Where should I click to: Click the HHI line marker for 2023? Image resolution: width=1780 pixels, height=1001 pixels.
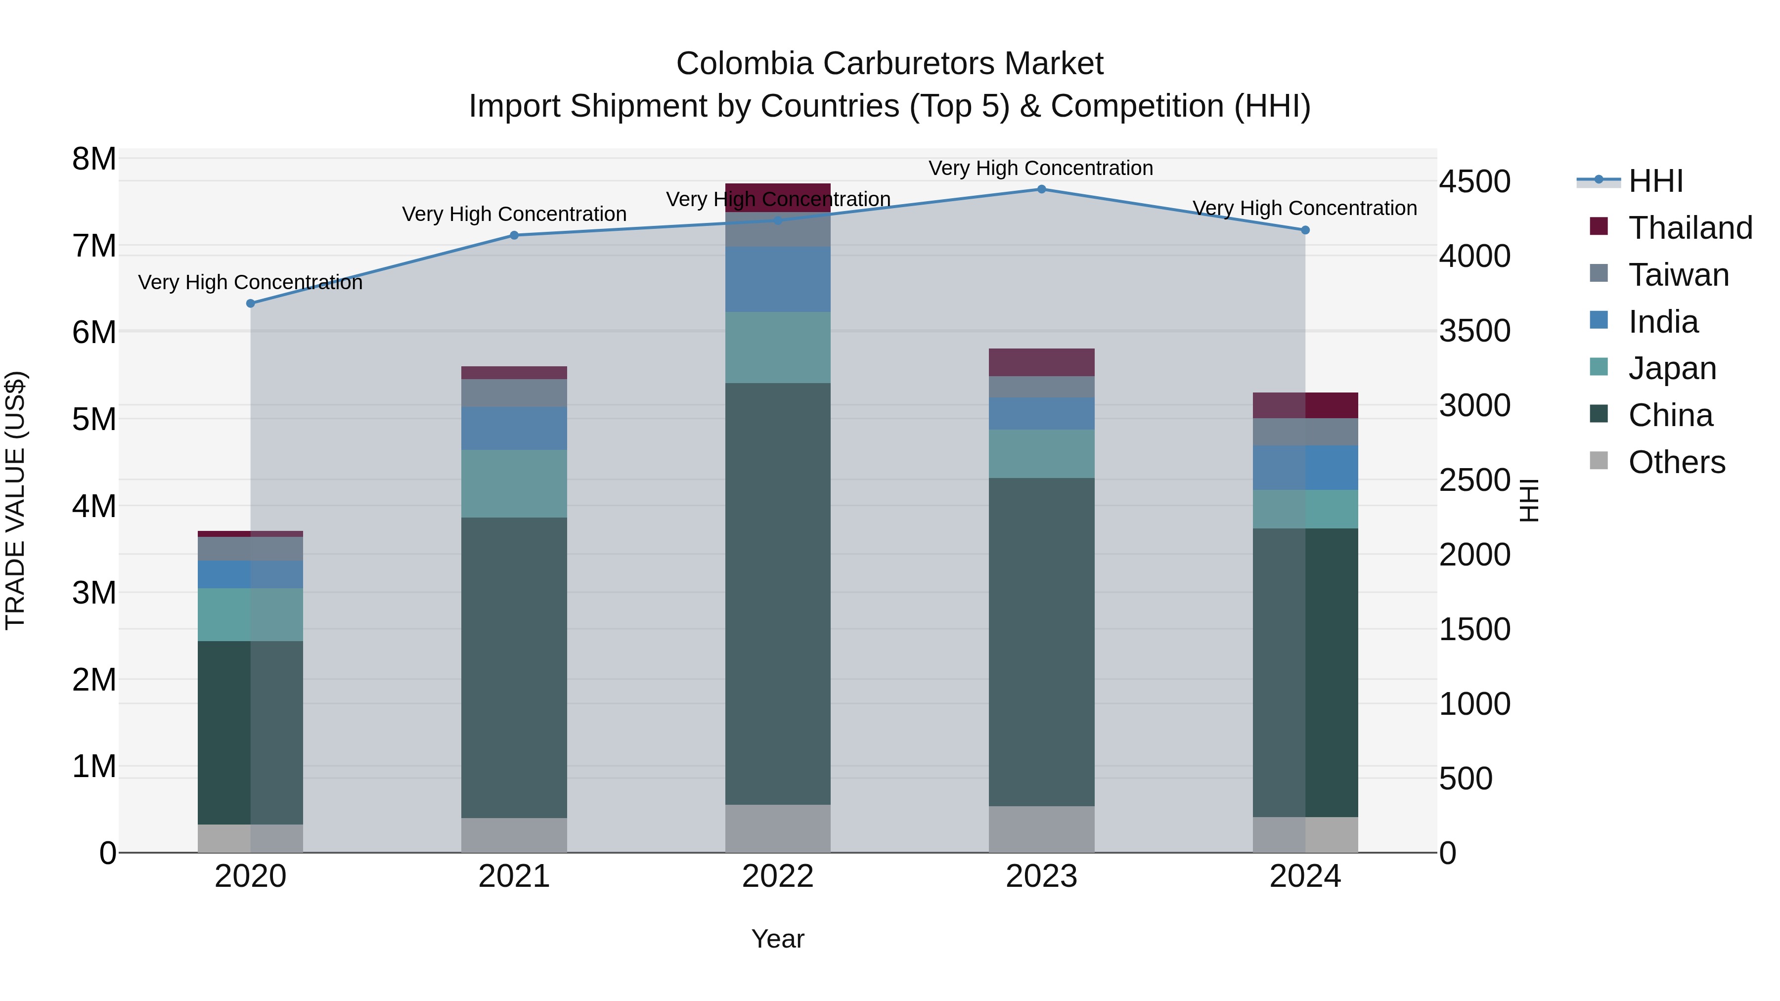click(1041, 189)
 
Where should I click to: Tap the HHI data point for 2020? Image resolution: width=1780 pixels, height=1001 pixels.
click(251, 304)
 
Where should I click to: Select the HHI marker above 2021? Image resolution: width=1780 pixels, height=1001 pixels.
click(514, 236)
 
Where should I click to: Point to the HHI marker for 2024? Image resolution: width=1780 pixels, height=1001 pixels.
click(1305, 230)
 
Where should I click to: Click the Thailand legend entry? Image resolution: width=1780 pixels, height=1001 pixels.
click(1690, 228)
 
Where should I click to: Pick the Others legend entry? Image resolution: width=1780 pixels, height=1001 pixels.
click(1676, 462)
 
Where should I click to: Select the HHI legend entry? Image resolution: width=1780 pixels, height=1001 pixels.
click(1655, 181)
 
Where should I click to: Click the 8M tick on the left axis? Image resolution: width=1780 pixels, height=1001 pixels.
click(94, 159)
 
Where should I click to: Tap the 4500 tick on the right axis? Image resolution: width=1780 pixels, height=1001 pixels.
click(1474, 182)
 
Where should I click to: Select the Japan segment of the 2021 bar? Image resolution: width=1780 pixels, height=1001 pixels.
click(514, 483)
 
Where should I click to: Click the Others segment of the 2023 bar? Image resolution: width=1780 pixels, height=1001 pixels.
click(1041, 829)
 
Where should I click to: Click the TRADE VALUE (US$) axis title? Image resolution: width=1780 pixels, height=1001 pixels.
click(15, 501)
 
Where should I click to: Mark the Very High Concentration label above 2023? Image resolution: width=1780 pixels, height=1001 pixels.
click(1041, 168)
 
